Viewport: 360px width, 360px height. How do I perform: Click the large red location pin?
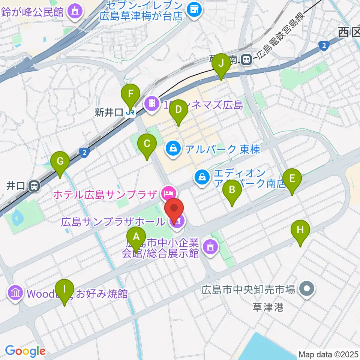coord(174,210)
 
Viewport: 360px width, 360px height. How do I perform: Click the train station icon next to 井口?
coord(34,185)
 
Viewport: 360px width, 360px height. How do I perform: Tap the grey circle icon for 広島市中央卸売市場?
coord(307,289)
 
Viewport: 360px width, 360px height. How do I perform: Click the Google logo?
coord(25,351)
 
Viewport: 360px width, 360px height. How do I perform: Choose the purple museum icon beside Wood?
coord(15,293)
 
